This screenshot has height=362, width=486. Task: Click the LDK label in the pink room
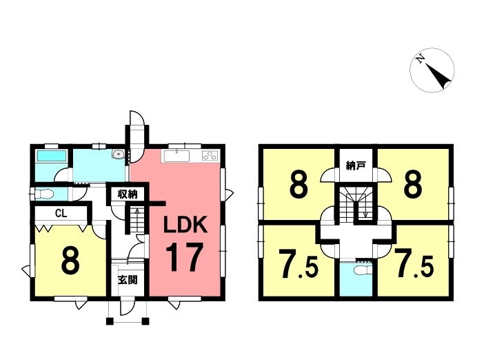pyautogui.click(x=185, y=225)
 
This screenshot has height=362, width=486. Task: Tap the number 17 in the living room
pyautogui.click(x=185, y=257)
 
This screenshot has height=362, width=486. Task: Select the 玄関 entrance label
pyautogui.click(x=128, y=280)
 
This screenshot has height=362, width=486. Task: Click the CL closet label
pyautogui.click(x=61, y=214)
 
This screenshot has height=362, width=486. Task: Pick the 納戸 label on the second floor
pyautogui.click(x=355, y=165)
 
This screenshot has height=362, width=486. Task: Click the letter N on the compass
pyautogui.click(x=421, y=59)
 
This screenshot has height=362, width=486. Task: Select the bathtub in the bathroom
pyautogui.click(x=52, y=156)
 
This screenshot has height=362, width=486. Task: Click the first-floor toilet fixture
pyautogui.click(x=44, y=194)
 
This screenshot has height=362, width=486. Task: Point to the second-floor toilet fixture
pyautogui.click(x=363, y=269)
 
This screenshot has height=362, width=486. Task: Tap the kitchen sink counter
pyautogui.click(x=176, y=156)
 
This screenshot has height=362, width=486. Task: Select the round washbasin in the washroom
pyautogui.click(x=118, y=154)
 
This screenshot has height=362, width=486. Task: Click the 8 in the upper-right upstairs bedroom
pyautogui.click(x=413, y=185)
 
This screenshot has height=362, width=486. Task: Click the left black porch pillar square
pyautogui.click(x=109, y=321)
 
